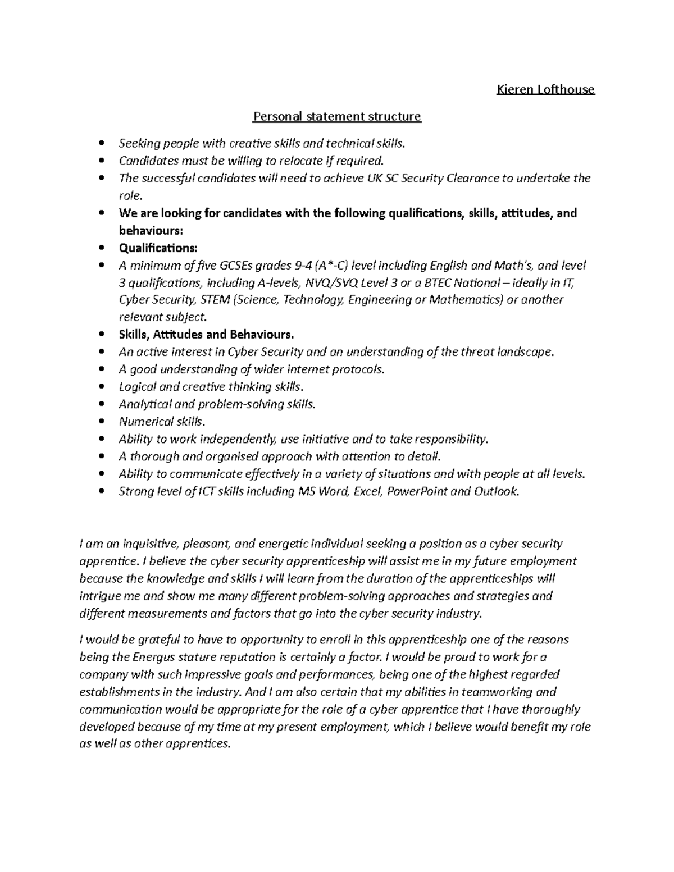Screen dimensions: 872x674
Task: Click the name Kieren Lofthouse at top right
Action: pos(545,89)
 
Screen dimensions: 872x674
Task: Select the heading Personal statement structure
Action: pos(336,116)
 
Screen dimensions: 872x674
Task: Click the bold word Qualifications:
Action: pos(158,248)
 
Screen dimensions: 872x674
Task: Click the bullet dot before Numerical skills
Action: pos(101,422)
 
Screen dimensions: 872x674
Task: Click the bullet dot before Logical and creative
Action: pos(101,387)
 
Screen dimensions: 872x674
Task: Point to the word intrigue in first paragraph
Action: pos(99,596)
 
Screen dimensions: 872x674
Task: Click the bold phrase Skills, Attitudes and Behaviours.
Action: pos(206,335)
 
